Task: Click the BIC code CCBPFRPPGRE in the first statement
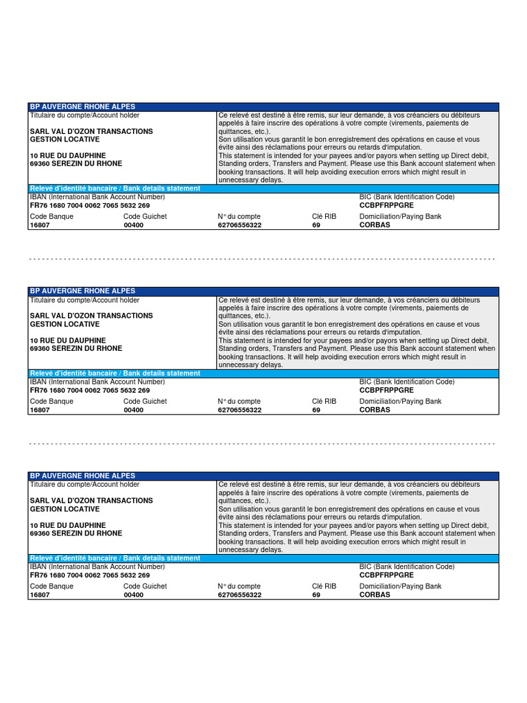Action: pyautogui.click(x=386, y=205)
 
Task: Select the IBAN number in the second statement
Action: pyautogui.click(x=90, y=389)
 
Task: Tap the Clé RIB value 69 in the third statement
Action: pyautogui.click(x=316, y=595)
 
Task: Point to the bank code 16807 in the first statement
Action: pyautogui.click(x=39, y=224)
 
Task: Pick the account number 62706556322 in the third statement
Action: pyautogui.click(x=239, y=595)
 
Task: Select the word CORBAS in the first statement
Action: pyautogui.click(x=375, y=224)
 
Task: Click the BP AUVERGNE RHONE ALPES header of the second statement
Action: pyautogui.click(x=82, y=291)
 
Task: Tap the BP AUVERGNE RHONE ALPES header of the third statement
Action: pyautogui.click(x=82, y=476)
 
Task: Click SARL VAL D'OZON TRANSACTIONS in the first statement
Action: pyautogui.click(x=91, y=131)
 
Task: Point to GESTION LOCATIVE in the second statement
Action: pyautogui.click(x=65, y=324)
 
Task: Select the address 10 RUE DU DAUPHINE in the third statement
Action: pyautogui.click(x=68, y=525)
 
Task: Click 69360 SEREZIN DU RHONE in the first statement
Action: pyautogui.click(x=76, y=164)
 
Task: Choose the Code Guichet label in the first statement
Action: pyautogui.click(x=145, y=216)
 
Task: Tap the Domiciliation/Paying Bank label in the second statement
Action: pyautogui.click(x=401, y=401)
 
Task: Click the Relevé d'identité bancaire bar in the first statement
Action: pyautogui.click(x=115, y=188)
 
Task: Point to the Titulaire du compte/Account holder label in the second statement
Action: pyautogui.click(x=84, y=300)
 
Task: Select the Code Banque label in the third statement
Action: pyautogui.click(x=51, y=586)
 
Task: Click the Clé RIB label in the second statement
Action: pyautogui.click(x=324, y=401)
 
